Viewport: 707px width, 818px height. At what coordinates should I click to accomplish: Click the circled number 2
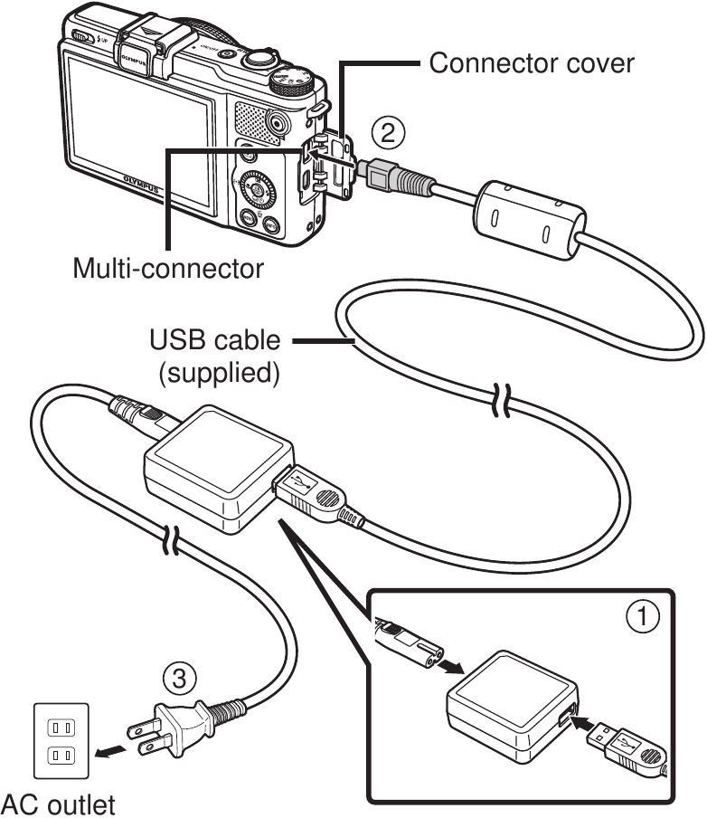[387, 133]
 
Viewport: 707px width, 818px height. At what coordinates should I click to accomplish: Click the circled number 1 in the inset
[643, 618]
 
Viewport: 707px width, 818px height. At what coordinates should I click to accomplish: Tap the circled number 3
[178, 676]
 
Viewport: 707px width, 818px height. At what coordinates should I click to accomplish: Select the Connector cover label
[531, 63]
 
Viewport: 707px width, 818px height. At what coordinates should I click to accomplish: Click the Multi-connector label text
[168, 269]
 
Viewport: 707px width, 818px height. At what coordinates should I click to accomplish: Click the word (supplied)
[218, 372]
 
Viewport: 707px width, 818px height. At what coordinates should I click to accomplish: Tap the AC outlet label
[59, 803]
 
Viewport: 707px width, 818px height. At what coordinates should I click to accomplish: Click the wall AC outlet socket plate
[61, 739]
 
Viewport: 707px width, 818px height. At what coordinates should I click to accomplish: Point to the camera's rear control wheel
[259, 190]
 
